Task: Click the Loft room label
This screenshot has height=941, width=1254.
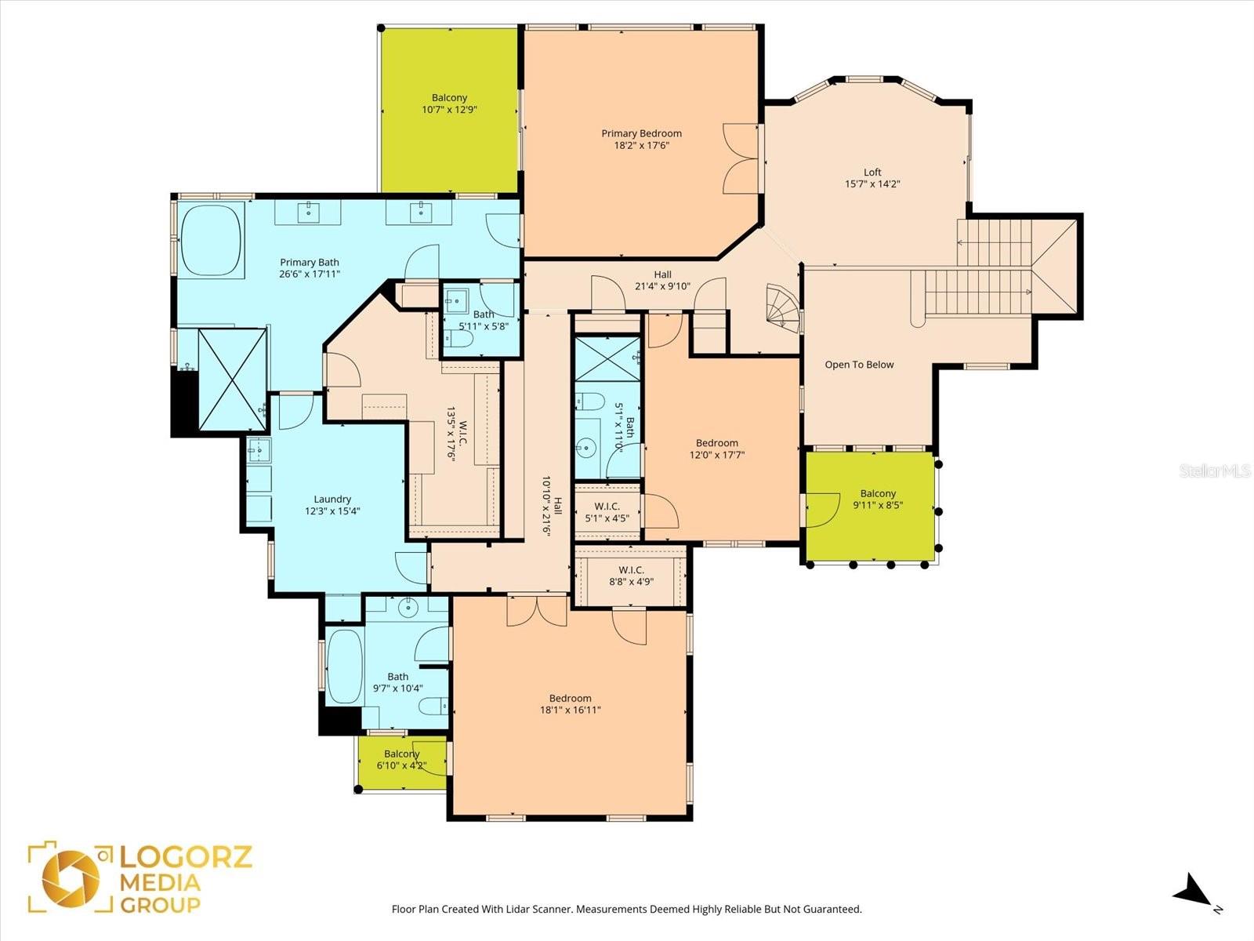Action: click(872, 178)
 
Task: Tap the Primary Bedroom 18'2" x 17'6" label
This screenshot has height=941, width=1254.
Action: click(641, 139)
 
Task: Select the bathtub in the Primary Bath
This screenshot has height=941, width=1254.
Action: click(212, 239)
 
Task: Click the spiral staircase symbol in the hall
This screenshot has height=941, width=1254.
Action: click(782, 305)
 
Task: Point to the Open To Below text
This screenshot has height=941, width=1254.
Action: click(859, 365)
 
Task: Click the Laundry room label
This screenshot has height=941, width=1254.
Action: click(332, 505)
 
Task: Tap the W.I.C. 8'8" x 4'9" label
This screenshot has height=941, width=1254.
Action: click(631, 576)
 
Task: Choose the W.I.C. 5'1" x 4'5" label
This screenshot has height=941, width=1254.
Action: click(607, 512)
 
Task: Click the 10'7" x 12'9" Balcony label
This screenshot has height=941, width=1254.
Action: click(449, 104)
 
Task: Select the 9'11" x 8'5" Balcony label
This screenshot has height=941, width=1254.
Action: click(878, 500)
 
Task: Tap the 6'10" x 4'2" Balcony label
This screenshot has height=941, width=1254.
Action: click(401, 759)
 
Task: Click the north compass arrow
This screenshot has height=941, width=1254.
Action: click(1193, 892)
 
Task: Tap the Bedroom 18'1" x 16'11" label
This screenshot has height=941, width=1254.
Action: click(570, 704)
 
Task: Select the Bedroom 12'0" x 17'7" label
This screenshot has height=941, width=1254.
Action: click(716, 449)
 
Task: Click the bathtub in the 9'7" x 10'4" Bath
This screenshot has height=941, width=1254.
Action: click(345, 667)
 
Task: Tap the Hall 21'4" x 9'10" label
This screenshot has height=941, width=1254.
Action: click(662, 280)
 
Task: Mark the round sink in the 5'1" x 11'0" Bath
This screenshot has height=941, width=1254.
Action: click(585, 448)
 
